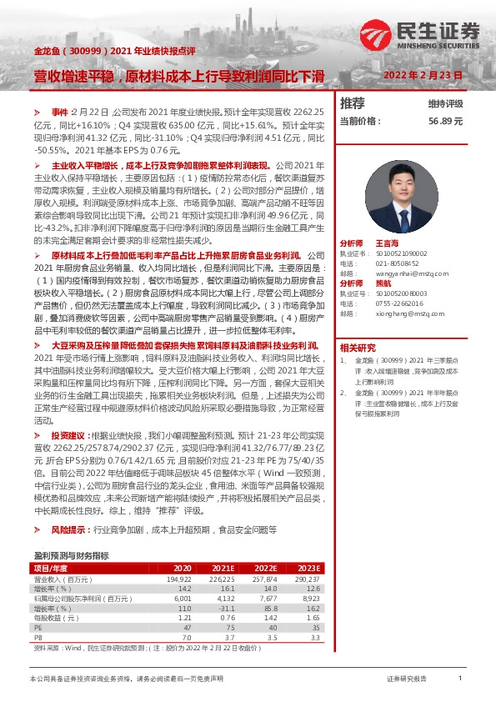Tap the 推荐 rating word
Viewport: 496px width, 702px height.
click(353, 104)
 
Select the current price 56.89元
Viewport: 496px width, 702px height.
click(445, 122)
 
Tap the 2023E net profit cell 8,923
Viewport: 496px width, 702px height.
click(310, 598)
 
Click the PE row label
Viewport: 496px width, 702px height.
click(38, 629)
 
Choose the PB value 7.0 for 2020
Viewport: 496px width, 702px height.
click(187, 638)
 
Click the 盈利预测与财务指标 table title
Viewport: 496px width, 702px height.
click(71, 554)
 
